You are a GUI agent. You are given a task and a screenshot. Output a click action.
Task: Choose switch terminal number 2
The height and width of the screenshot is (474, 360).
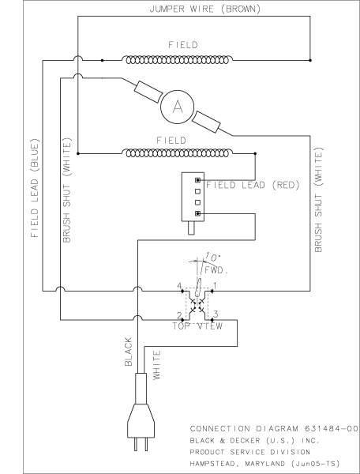click(179, 314)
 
